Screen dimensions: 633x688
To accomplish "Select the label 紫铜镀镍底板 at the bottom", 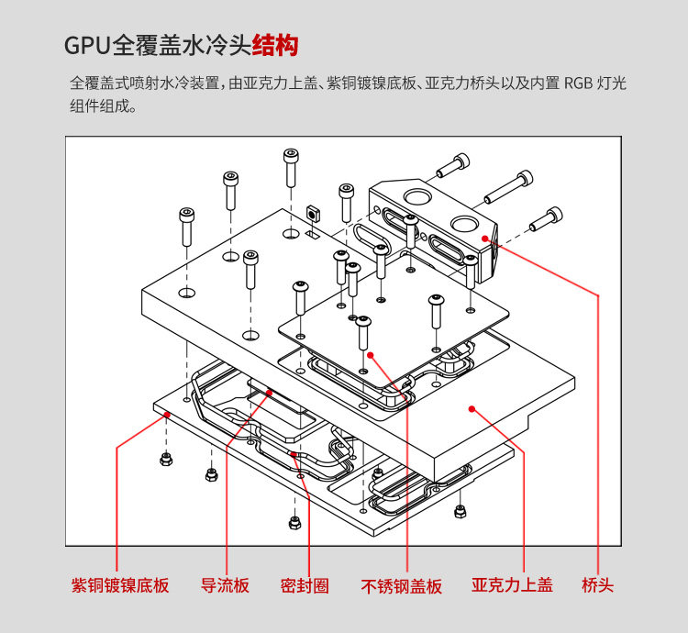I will tap(120, 585).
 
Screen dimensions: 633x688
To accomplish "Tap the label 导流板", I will tap(225, 585).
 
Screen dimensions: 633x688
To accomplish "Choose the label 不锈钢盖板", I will tap(401, 585).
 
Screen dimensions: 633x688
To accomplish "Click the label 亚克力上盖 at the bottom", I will tap(513, 585).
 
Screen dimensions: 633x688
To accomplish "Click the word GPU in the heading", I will tap(87, 45).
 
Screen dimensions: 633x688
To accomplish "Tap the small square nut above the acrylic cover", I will tap(313, 213).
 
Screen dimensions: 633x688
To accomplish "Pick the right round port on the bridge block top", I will tap(463, 223).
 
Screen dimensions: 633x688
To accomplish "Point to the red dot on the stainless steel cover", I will tap(372, 352).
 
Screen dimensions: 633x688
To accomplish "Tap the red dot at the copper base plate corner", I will tap(167, 415).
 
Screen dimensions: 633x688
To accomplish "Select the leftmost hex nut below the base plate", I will tap(166, 458).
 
